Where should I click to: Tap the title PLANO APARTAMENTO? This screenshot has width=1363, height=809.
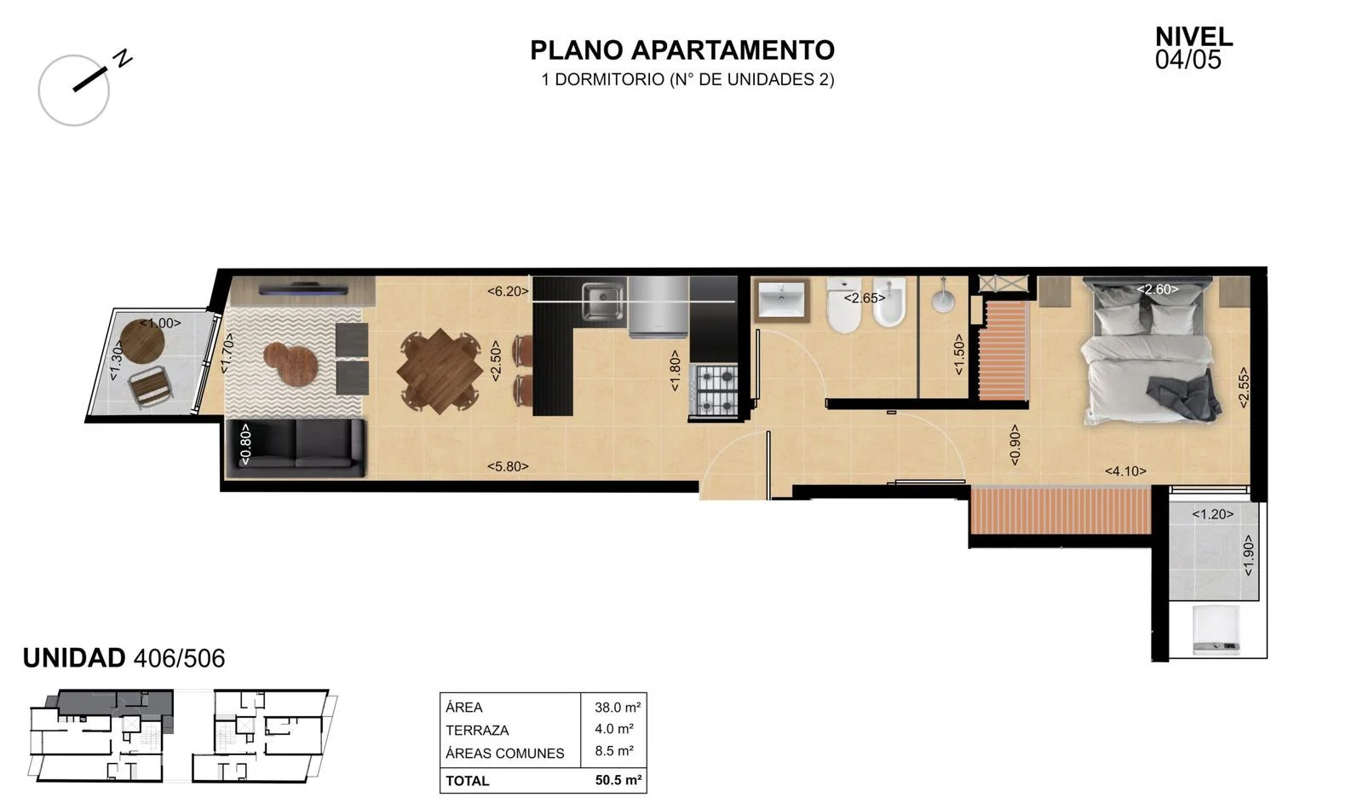click(x=682, y=50)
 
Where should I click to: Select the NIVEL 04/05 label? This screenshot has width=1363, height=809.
click(x=1193, y=48)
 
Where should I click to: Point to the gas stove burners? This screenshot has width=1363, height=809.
click(x=713, y=390)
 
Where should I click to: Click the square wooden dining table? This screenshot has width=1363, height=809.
click(x=440, y=370)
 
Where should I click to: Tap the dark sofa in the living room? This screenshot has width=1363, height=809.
click(x=296, y=448)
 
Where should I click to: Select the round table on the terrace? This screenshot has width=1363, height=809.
click(x=141, y=341)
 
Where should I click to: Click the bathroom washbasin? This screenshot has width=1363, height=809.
click(x=782, y=301)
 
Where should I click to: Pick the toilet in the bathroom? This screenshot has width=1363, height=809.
click(x=843, y=305)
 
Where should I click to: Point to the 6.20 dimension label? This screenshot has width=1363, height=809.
click(x=508, y=292)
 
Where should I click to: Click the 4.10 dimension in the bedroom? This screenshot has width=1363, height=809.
click(x=1125, y=471)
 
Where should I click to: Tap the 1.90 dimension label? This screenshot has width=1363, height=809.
click(x=1248, y=555)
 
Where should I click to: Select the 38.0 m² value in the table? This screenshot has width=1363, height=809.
click(x=618, y=708)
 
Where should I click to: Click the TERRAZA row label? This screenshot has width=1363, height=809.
click(x=477, y=730)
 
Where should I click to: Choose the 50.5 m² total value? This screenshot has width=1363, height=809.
click(x=618, y=780)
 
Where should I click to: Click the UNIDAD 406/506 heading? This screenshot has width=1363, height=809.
click(x=124, y=658)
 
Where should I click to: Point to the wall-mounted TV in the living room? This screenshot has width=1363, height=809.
click(x=303, y=288)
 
